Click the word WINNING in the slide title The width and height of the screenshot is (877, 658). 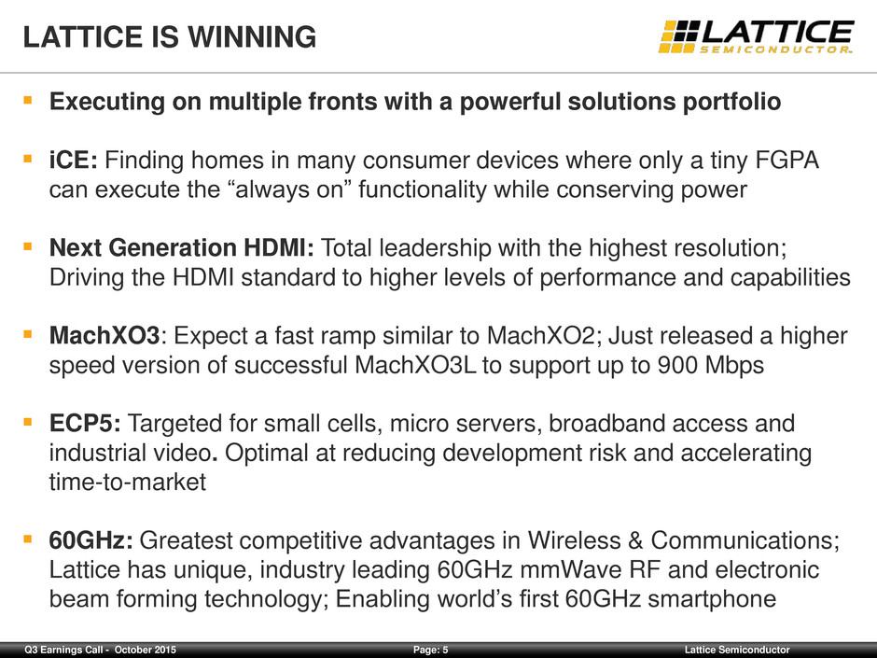pyautogui.click(x=252, y=37)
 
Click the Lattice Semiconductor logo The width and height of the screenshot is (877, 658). pyautogui.click(x=757, y=37)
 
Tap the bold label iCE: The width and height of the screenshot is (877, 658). pyautogui.click(x=74, y=160)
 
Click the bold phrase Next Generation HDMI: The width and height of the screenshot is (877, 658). pyautogui.click(x=182, y=248)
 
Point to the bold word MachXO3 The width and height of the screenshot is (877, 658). pyautogui.click(x=104, y=336)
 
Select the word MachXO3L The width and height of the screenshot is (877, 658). pyautogui.click(x=415, y=365)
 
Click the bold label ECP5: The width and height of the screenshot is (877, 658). pyautogui.click(x=85, y=424)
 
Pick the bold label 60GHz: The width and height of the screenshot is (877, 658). pyautogui.click(x=91, y=540)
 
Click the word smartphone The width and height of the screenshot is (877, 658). pyautogui.click(x=712, y=598)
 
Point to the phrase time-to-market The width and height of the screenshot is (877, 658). pyautogui.click(x=128, y=482)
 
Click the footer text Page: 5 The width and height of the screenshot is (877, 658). pyautogui.click(x=431, y=650)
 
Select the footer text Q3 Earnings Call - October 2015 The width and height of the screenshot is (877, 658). pyautogui.click(x=100, y=650)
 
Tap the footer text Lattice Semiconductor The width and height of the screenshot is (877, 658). pyautogui.click(x=737, y=650)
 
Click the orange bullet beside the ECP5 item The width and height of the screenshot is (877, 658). pyautogui.click(x=27, y=421)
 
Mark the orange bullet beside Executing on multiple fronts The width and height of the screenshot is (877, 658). pyautogui.click(x=27, y=100)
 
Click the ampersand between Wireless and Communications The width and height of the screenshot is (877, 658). pyautogui.click(x=635, y=540)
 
